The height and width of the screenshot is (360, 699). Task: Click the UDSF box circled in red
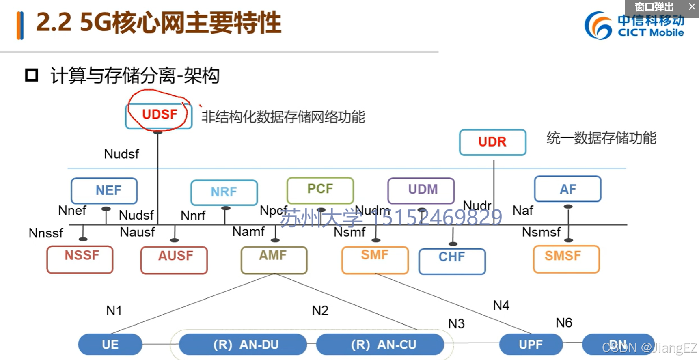coord(159,115)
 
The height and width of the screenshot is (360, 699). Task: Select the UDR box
coord(492,142)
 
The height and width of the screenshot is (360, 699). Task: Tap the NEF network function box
coord(104,190)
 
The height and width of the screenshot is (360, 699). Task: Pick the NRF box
coord(224,192)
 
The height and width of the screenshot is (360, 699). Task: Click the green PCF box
coord(320,190)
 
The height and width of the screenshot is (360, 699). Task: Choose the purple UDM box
coord(421,190)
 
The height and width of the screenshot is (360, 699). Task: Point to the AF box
coord(567,189)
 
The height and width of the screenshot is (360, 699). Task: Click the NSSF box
coord(80,259)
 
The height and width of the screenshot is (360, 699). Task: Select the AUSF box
coord(174,259)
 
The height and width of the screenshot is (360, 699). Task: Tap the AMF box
coord(274,259)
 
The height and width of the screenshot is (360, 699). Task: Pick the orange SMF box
coord(375,259)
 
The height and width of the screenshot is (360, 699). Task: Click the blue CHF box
coord(452,261)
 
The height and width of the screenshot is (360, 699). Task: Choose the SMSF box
coord(566,259)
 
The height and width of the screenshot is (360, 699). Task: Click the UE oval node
coord(110,345)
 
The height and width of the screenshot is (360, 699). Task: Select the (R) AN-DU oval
coord(243,345)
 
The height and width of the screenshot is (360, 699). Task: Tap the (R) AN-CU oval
coord(380,345)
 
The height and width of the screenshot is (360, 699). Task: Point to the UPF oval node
coord(531,345)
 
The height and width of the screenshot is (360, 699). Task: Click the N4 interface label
coord(501,305)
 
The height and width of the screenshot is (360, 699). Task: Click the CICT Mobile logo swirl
coord(598,26)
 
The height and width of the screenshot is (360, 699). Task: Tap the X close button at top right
coord(692,7)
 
